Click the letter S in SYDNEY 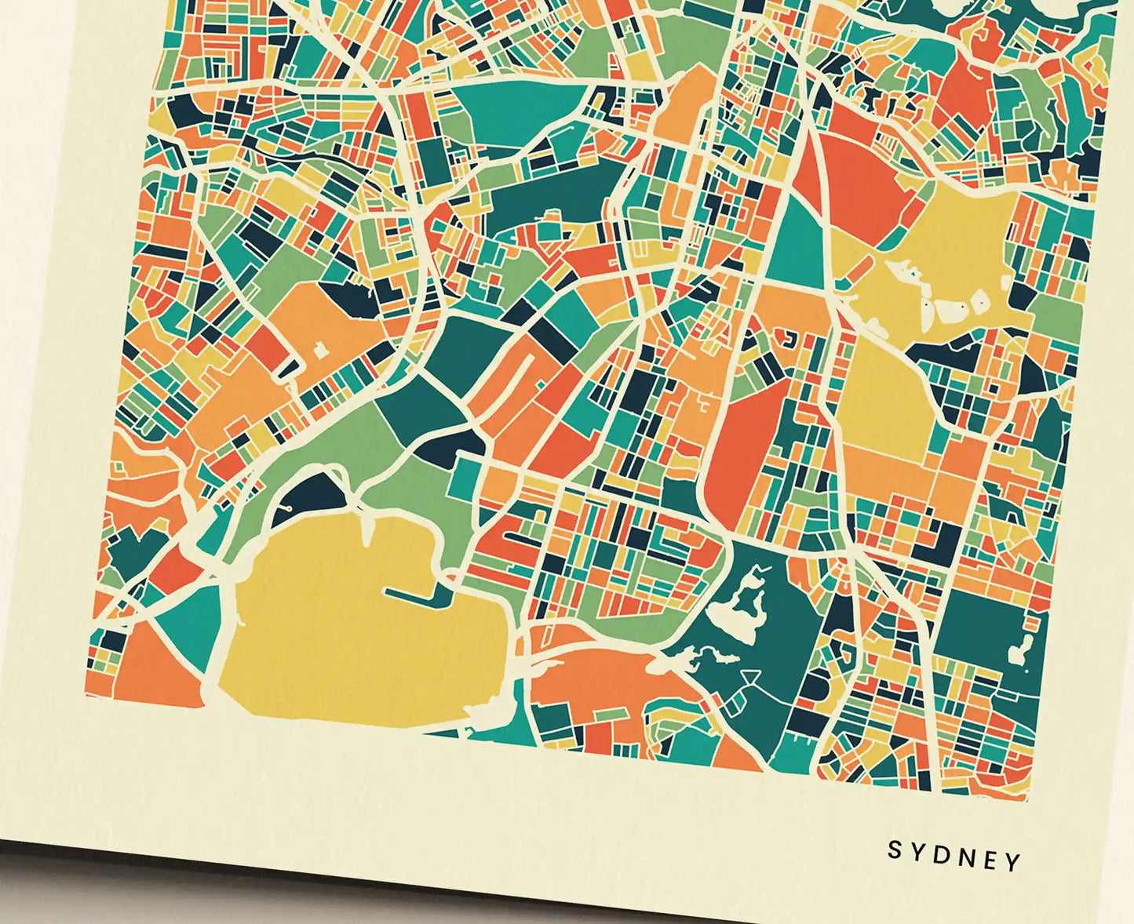pos(894,849)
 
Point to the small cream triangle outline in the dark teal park pos(749,676)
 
